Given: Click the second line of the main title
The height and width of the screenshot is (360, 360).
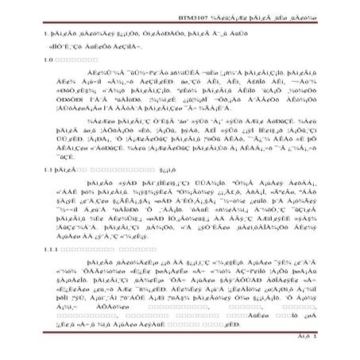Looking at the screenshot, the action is (x=79, y=46).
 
